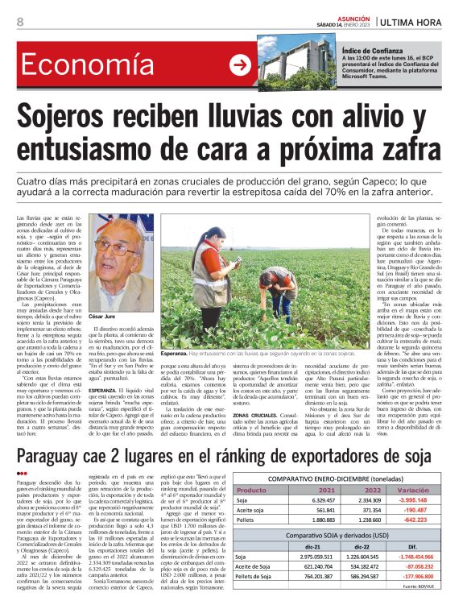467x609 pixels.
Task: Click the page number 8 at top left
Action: click(x=20, y=22)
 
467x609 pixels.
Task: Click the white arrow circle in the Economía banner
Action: click(x=240, y=66)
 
